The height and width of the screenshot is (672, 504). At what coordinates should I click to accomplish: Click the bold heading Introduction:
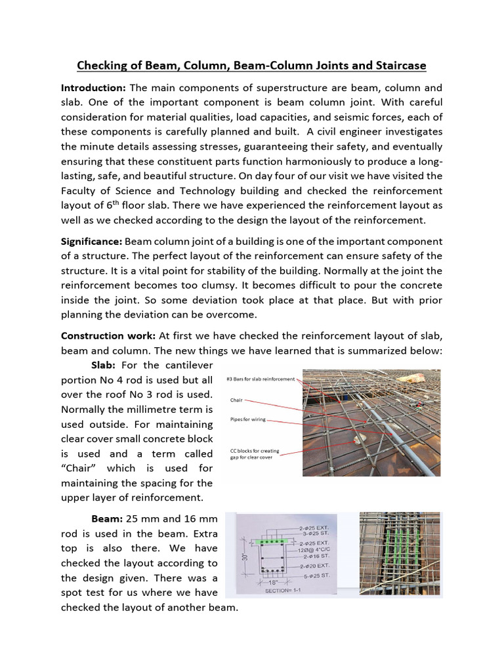pyautogui.click(x=93, y=88)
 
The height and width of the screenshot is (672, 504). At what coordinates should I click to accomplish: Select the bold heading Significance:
pyautogui.click(x=91, y=241)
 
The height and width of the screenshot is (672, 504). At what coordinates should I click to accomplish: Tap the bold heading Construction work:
pyautogui.click(x=108, y=335)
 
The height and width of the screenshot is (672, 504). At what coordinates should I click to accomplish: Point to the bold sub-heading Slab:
pyautogui.click(x=105, y=365)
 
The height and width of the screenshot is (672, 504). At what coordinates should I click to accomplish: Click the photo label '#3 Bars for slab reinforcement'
pyautogui.click(x=261, y=379)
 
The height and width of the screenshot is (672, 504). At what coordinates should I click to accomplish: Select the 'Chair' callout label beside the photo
pyautogui.click(x=236, y=399)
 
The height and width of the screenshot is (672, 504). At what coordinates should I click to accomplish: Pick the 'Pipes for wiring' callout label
pyautogui.click(x=248, y=419)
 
